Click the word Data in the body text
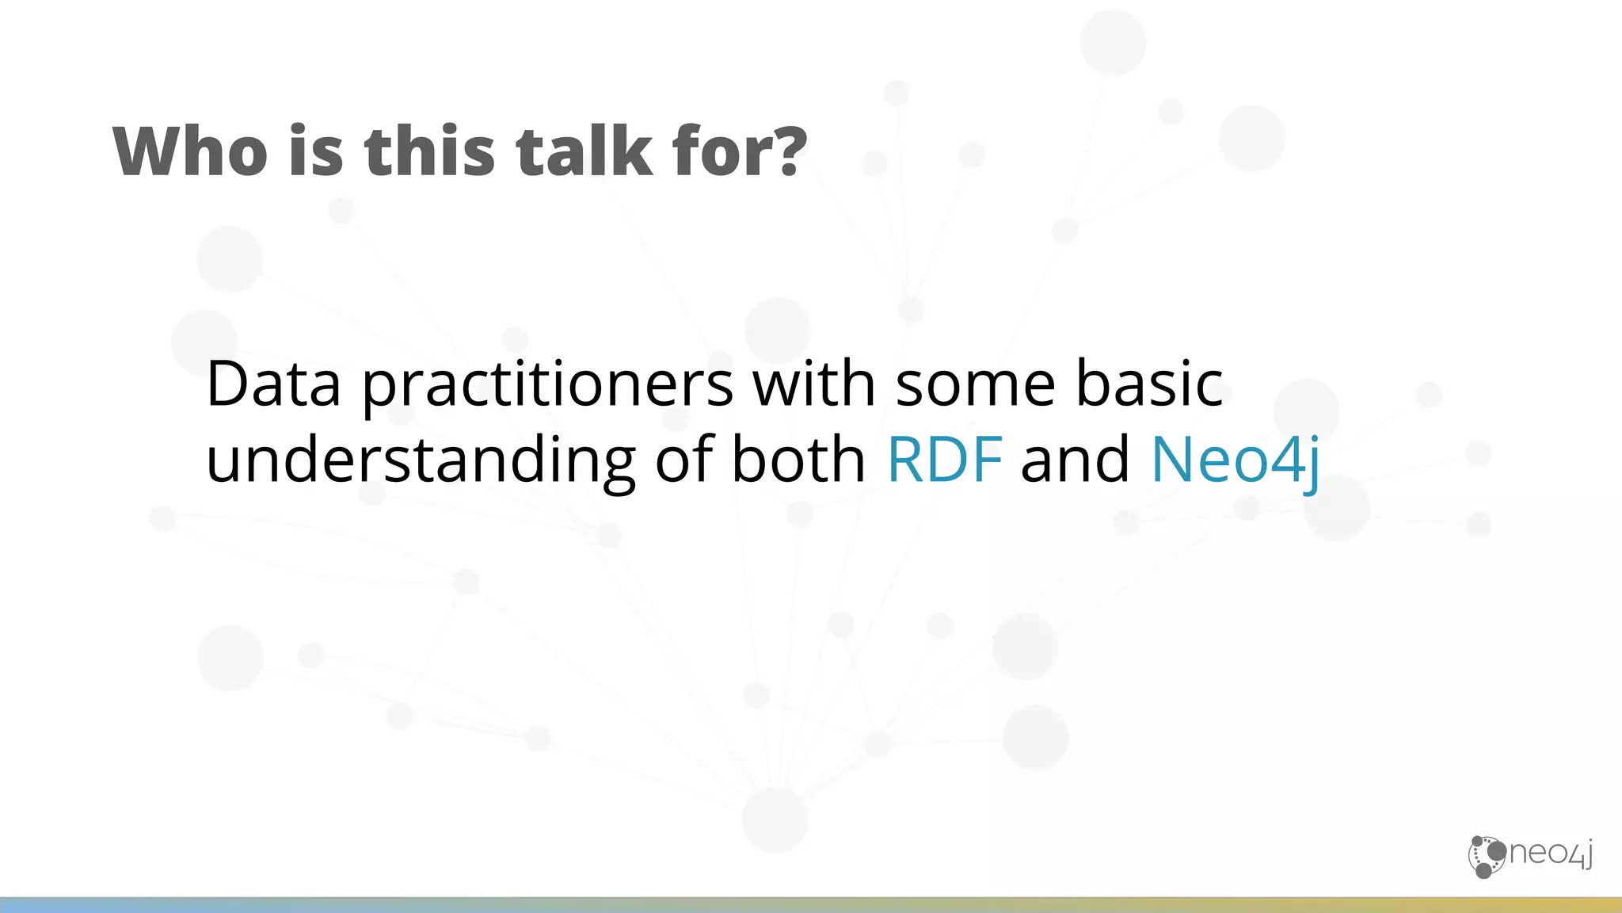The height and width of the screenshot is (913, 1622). point(273,384)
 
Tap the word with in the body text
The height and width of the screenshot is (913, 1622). point(813,384)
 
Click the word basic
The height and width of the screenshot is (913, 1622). point(1149,384)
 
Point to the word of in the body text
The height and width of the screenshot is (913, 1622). point(683,460)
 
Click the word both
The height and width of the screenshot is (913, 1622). point(798,460)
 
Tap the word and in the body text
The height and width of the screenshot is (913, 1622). point(1075,460)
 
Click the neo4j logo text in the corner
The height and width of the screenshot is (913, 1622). point(1550,854)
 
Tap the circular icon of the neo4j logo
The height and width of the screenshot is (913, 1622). point(1487,857)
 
